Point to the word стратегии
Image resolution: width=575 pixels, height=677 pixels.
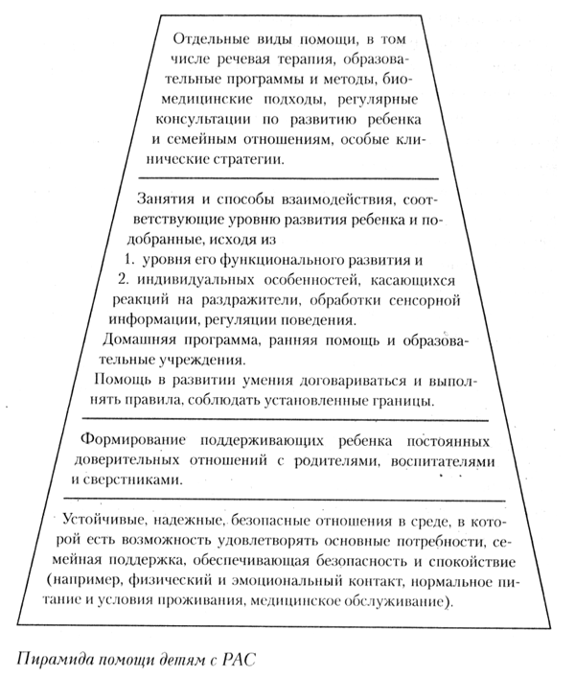(x=247, y=160)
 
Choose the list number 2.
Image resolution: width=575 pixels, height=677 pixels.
(x=122, y=279)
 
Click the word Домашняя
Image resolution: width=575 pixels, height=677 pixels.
(x=136, y=338)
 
